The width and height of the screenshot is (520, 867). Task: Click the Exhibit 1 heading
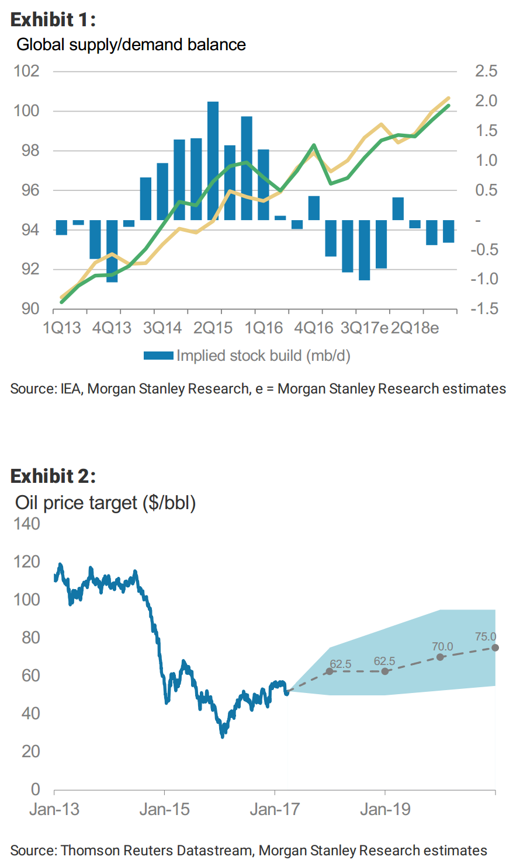[x=53, y=19]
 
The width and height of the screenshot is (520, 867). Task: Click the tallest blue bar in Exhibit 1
[x=213, y=161]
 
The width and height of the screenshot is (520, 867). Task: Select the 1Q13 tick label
[x=62, y=328]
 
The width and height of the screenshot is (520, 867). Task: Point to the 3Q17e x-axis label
[x=365, y=328]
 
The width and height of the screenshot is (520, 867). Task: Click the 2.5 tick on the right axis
[x=486, y=71]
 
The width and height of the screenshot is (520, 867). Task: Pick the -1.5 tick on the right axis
[x=485, y=308]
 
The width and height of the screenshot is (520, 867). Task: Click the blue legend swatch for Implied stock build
[x=158, y=356]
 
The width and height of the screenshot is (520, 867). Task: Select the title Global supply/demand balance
[x=131, y=45]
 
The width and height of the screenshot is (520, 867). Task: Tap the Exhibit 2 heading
[x=53, y=476]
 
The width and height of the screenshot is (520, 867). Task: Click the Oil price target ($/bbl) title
[x=105, y=503]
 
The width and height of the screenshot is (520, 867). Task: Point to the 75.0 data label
[x=486, y=637]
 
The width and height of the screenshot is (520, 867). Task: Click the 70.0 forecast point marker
[x=441, y=657]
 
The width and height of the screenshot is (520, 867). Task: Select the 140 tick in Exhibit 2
[x=27, y=524]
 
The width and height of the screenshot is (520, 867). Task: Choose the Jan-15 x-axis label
[x=164, y=810]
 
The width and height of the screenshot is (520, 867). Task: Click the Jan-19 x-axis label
[x=385, y=810]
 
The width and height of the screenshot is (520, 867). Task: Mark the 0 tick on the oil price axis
[x=35, y=789]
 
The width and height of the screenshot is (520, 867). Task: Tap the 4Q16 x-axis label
[x=314, y=328]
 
